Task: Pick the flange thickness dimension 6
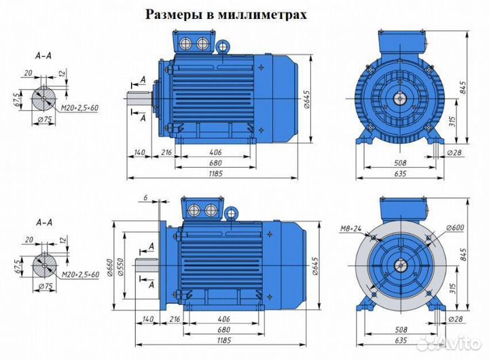click(145, 198)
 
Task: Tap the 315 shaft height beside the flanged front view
click(452, 287)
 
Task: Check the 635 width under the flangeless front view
click(398, 173)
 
